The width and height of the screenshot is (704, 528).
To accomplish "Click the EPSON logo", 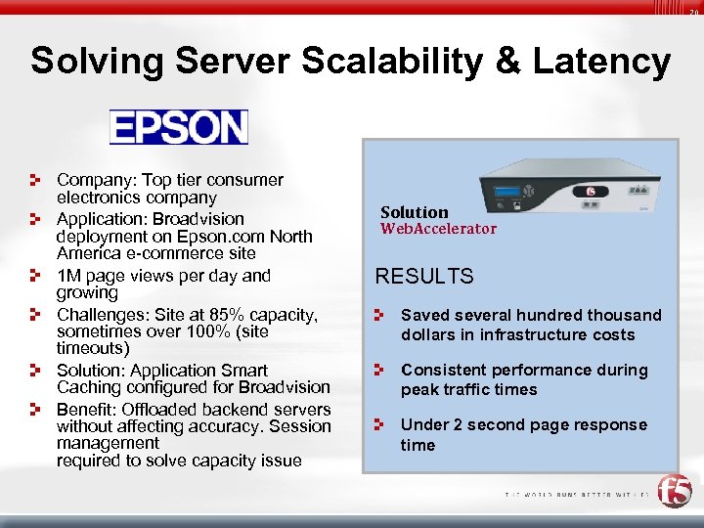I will tap(179, 127).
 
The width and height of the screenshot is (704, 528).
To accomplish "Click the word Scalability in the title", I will tap(377, 61).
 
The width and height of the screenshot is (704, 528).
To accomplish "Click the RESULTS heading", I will tap(424, 276).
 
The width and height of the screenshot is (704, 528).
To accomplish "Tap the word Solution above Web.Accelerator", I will tap(414, 212).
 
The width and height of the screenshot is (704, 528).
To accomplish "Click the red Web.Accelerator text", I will tap(438, 229).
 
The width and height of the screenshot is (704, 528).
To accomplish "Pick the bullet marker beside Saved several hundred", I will tap(382, 316).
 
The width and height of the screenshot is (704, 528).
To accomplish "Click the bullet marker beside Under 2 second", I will tap(382, 425).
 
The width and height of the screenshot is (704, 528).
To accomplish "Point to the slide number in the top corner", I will tap(693, 12).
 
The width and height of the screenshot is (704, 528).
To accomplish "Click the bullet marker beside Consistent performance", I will tap(382, 371).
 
